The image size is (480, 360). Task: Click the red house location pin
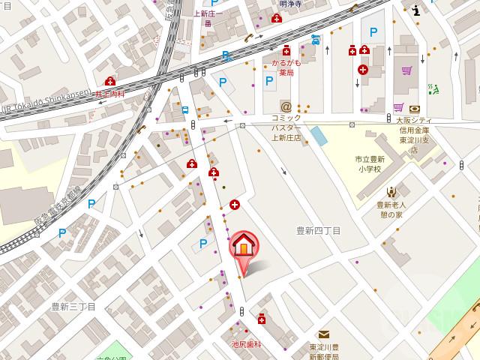click(243, 246)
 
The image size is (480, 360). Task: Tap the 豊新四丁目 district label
click(318, 230)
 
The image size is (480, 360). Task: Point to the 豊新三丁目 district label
click(73, 306)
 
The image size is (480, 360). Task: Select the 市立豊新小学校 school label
click(370, 163)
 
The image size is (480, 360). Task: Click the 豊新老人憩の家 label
click(391, 209)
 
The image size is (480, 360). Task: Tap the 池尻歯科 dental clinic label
click(246, 344)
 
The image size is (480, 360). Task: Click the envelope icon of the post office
click(323, 334)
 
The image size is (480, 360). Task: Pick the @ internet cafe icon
click(285, 106)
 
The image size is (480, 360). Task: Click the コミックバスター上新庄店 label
click(286, 127)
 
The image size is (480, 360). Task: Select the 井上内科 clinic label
click(109, 94)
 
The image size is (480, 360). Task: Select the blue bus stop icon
click(184, 109)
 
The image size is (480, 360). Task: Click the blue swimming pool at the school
click(318, 136)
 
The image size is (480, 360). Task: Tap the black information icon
click(416, 9)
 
